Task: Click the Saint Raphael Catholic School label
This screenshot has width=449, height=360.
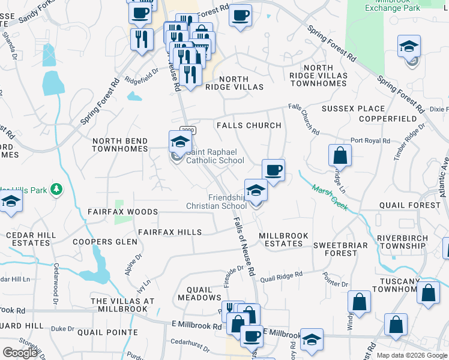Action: click(x=215, y=157)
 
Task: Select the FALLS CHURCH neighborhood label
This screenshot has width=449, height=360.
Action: click(x=249, y=125)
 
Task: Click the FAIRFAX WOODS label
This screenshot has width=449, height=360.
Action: click(x=122, y=212)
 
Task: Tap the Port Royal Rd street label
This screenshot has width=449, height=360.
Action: click(x=370, y=140)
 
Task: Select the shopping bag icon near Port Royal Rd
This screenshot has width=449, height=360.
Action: click(x=340, y=155)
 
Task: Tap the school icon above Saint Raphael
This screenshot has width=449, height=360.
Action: click(x=179, y=142)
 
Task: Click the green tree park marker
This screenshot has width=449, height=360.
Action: click(x=57, y=190)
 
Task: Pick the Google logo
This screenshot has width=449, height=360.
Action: click(x=20, y=353)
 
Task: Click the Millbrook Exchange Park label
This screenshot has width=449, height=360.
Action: click(x=392, y=5)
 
